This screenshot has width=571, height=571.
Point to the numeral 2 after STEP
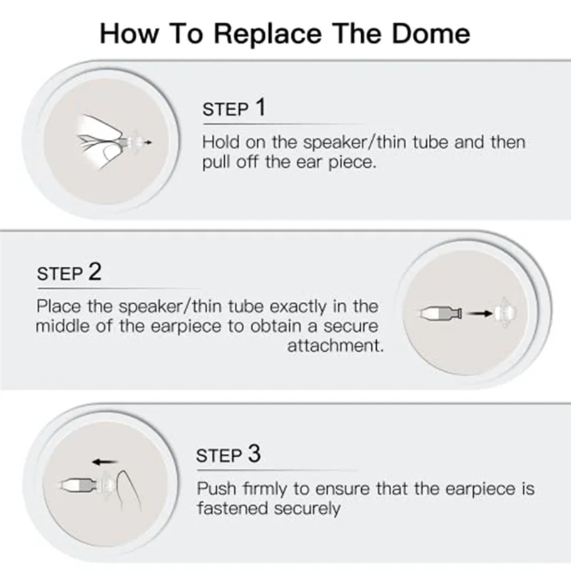(x=95, y=272)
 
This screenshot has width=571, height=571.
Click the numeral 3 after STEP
(x=254, y=454)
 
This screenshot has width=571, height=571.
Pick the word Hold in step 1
(x=220, y=142)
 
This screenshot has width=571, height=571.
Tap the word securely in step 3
(x=307, y=509)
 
